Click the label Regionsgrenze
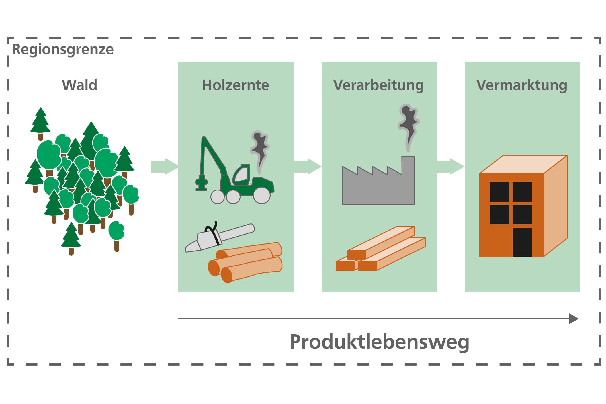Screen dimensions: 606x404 (63, 50)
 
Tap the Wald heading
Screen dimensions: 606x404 (80, 85)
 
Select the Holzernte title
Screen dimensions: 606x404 (235, 85)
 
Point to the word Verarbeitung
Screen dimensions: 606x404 (378, 85)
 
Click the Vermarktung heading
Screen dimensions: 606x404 (522, 85)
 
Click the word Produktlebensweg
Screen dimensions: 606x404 (379, 342)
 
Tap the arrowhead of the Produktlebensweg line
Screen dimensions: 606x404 (574, 319)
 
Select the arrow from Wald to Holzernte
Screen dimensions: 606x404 (165, 166)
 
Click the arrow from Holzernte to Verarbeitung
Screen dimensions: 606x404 (307, 166)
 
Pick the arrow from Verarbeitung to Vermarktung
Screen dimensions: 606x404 (450, 166)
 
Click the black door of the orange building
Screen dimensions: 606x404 (522, 243)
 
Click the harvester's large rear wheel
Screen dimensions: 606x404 (262, 195)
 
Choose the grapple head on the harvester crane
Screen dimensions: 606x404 (201, 183)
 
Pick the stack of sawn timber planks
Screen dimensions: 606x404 (381, 249)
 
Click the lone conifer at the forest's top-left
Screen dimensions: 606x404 (40, 123)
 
